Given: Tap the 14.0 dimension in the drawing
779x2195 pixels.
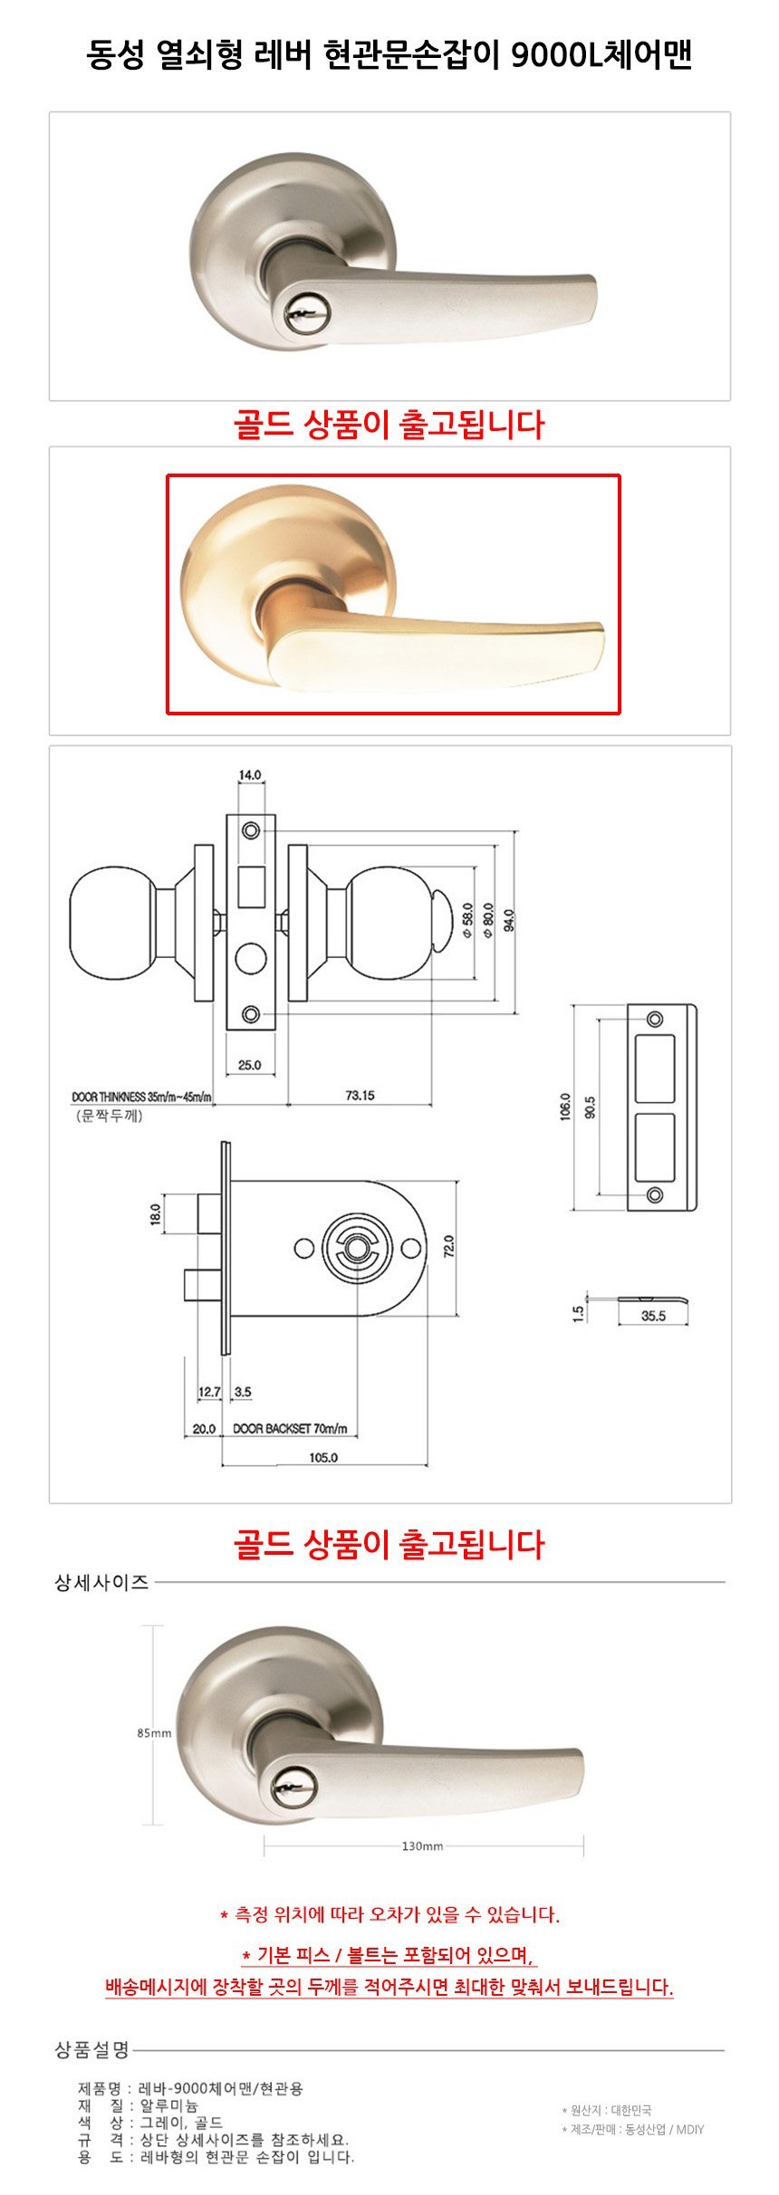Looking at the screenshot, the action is (250, 775).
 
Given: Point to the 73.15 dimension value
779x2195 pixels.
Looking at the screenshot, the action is (360, 1096).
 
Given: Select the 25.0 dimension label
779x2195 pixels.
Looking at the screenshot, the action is (250, 1065).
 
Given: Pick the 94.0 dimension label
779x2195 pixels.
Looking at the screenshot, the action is (510, 920).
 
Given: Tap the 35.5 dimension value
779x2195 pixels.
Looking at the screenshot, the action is (653, 1316).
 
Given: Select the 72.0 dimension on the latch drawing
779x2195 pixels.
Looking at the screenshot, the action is (449, 1247).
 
